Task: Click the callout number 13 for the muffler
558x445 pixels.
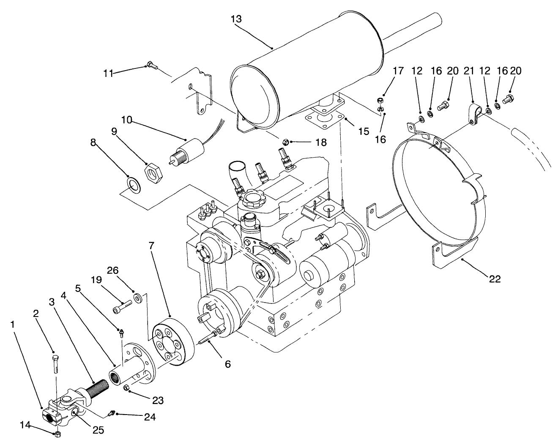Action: [x=237, y=19]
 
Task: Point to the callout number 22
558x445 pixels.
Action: [x=495, y=279]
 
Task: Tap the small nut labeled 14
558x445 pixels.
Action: [x=58, y=434]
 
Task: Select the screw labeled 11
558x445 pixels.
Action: [x=151, y=66]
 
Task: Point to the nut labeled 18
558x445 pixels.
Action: [x=286, y=141]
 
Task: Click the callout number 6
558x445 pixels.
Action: [x=228, y=363]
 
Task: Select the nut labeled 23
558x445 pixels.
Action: [x=126, y=388]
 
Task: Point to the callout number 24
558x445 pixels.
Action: [x=150, y=417]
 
